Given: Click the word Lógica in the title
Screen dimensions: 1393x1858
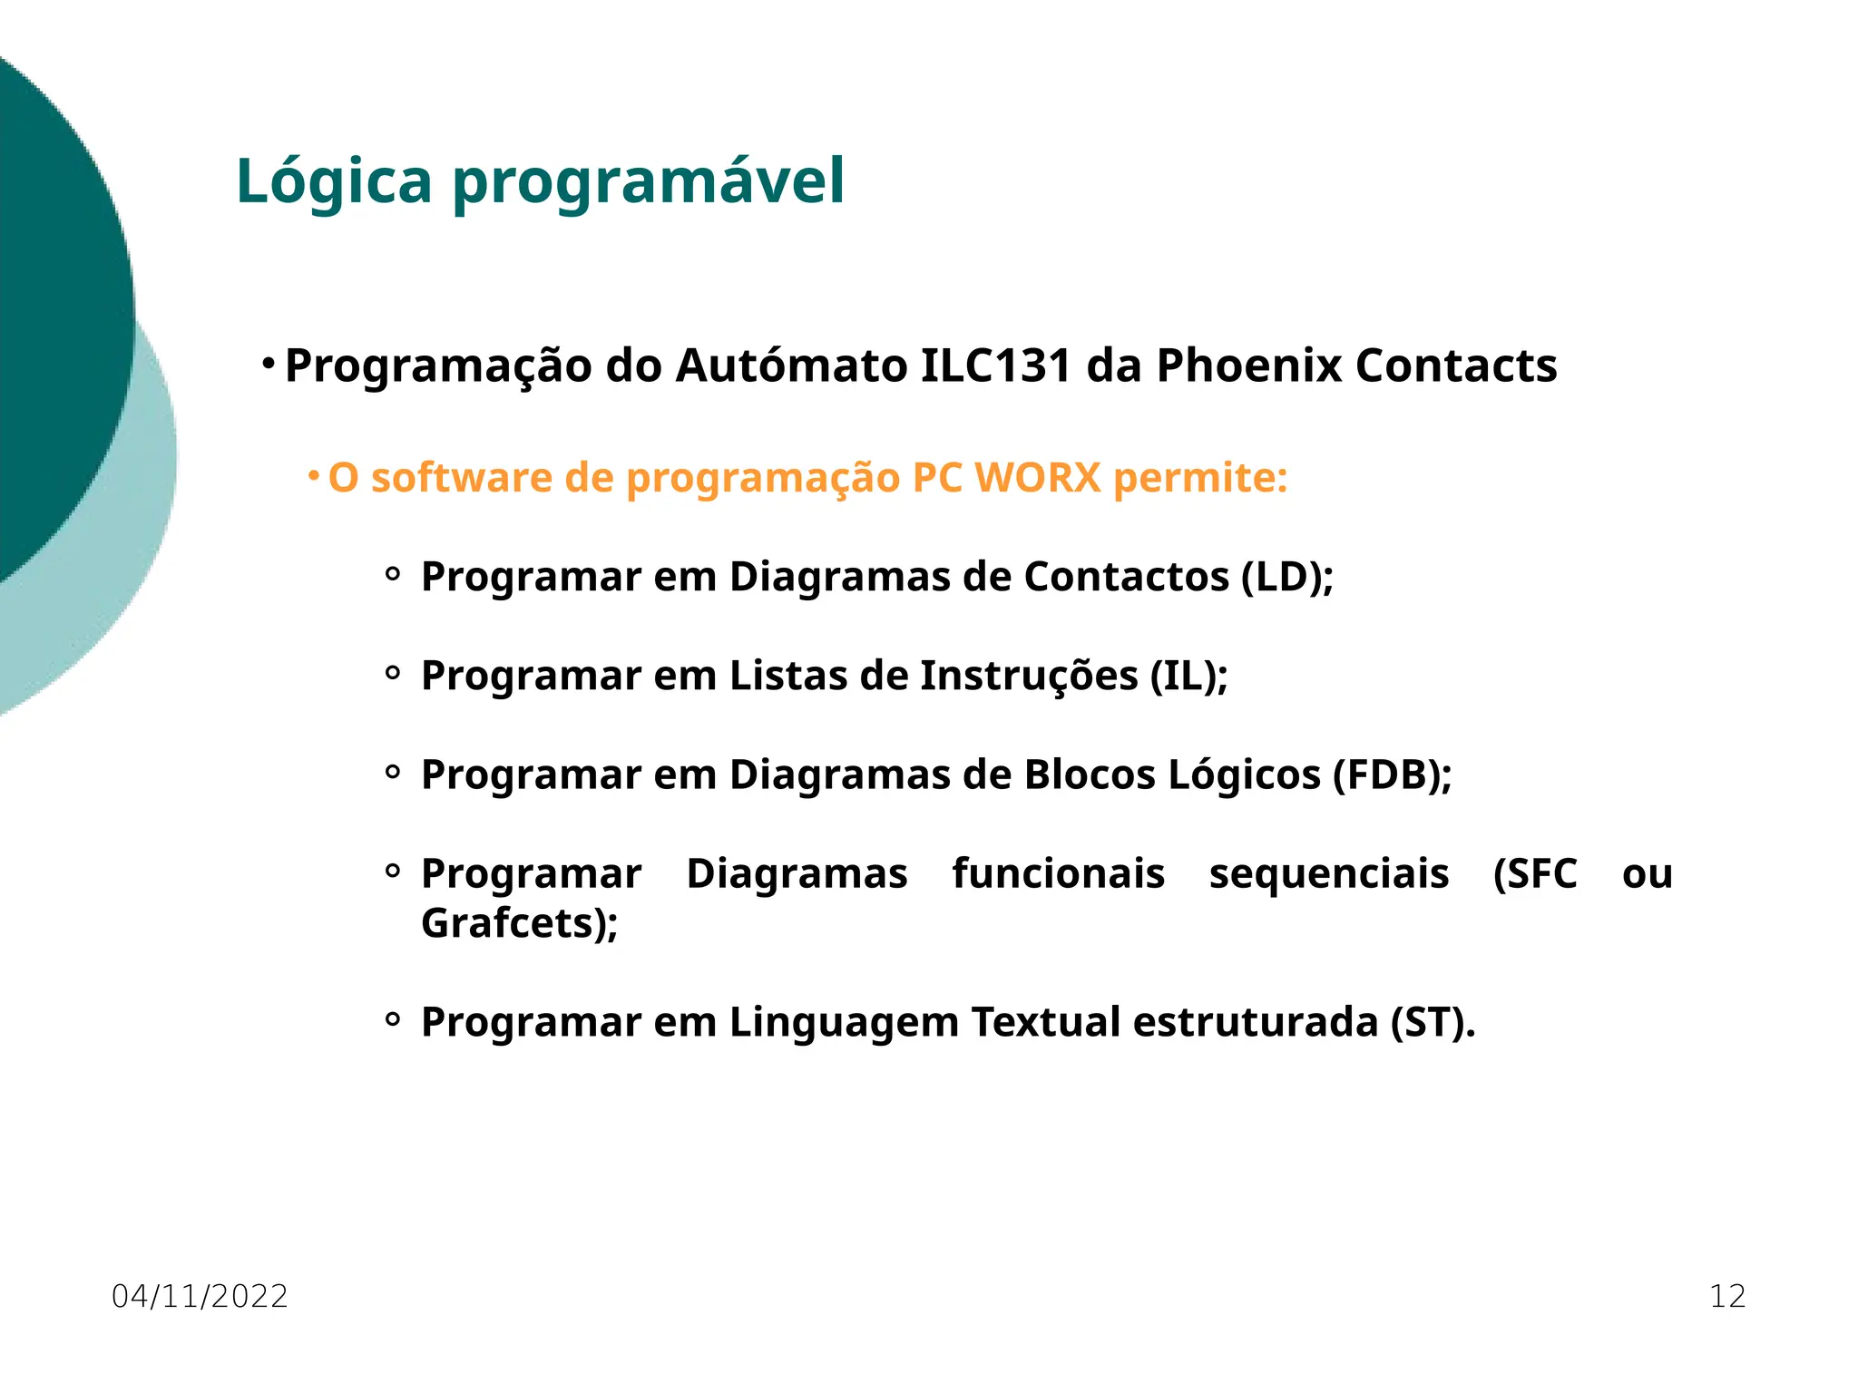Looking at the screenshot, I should [x=333, y=182].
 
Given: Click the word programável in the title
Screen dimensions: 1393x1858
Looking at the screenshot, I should [x=648, y=182].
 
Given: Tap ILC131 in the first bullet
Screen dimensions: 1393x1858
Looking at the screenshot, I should [x=996, y=366].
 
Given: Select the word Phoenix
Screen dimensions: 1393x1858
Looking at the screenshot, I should [x=1248, y=366].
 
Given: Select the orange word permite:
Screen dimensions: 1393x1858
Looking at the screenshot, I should [x=1200, y=478].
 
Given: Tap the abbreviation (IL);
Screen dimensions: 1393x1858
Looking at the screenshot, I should [x=1188, y=677].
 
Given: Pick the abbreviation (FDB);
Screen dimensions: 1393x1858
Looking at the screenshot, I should [x=1392, y=775].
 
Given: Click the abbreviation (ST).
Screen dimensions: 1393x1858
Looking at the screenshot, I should [x=1433, y=1023].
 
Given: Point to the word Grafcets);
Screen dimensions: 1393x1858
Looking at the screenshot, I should [x=519, y=924].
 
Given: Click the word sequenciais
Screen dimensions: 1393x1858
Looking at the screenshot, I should [x=1328, y=874].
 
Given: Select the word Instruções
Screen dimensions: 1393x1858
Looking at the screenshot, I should [x=1029, y=677].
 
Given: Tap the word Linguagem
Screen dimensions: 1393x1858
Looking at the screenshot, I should [x=844, y=1023].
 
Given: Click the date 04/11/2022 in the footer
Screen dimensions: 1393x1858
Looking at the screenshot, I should [x=200, y=1297].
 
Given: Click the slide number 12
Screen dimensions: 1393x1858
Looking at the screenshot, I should [x=1727, y=1297].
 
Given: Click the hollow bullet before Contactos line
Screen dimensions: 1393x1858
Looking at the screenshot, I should [x=393, y=574].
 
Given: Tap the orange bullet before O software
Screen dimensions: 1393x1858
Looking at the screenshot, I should [x=313, y=474].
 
